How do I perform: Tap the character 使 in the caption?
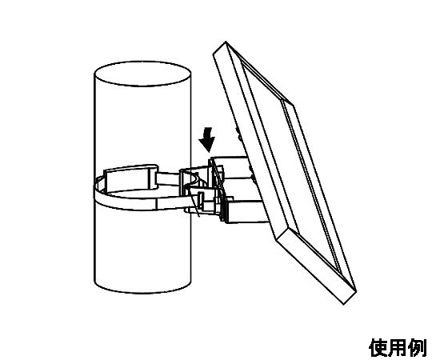[378, 348]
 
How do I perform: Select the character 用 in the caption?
[398, 348]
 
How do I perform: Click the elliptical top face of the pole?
[142, 74]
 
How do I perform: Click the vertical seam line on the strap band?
[156, 204]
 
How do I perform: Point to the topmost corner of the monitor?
[226, 42]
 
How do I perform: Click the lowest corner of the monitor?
[343, 304]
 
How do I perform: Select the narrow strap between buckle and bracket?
[169, 178]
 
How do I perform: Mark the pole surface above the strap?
[142, 124]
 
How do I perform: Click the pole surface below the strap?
[142, 248]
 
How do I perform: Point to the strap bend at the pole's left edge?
[97, 190]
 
